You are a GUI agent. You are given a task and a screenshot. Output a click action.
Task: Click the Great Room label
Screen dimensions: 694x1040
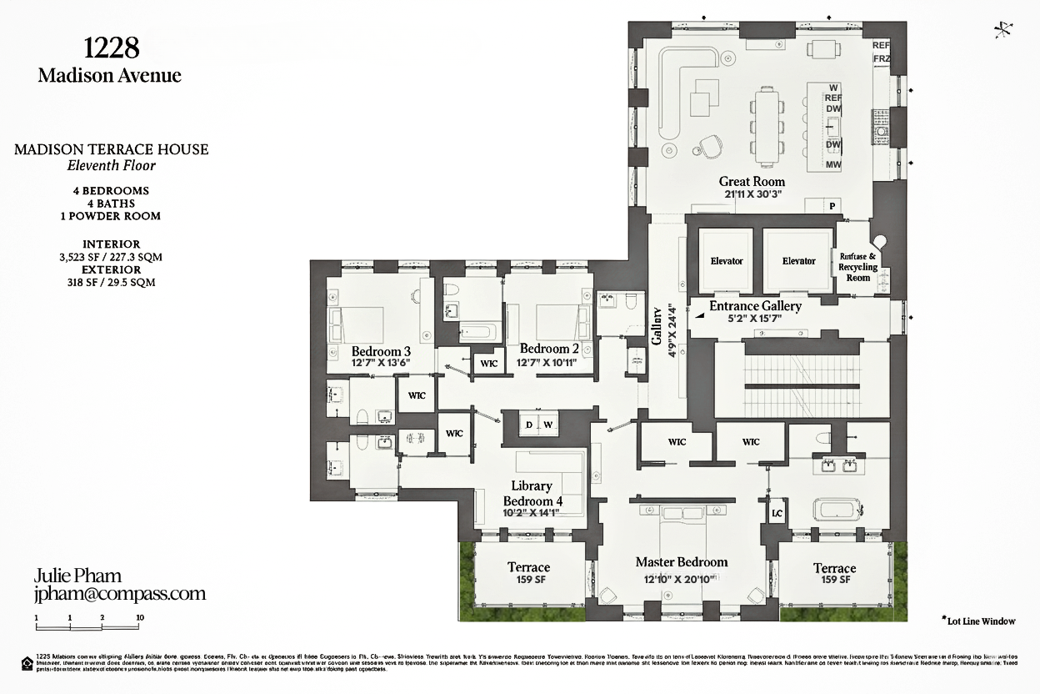752,181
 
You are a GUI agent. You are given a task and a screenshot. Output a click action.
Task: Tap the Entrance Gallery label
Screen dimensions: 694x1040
755,306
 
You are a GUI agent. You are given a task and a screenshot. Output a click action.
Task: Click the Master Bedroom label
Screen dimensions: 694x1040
682,562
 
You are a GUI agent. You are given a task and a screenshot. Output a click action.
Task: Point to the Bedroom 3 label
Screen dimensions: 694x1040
381,351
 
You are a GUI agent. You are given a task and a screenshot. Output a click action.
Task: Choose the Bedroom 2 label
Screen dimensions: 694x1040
549,349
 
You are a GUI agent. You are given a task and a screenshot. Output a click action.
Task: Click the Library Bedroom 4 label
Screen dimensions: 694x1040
532,493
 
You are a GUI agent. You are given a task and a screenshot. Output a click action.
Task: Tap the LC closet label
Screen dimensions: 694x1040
777,513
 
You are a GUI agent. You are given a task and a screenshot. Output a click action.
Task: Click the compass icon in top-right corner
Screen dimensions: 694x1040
1003,30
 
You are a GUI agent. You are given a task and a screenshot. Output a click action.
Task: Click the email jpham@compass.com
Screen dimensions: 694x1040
119,594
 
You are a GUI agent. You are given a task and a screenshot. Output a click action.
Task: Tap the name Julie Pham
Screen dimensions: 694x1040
77,576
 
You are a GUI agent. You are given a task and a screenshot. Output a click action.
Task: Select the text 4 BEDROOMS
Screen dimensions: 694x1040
110,190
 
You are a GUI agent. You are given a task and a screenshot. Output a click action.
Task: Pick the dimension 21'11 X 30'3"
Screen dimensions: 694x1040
752,194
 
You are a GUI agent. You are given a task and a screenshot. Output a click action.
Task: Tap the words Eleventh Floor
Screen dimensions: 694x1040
111,165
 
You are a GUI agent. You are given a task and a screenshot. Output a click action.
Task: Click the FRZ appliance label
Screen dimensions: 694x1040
881,59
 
